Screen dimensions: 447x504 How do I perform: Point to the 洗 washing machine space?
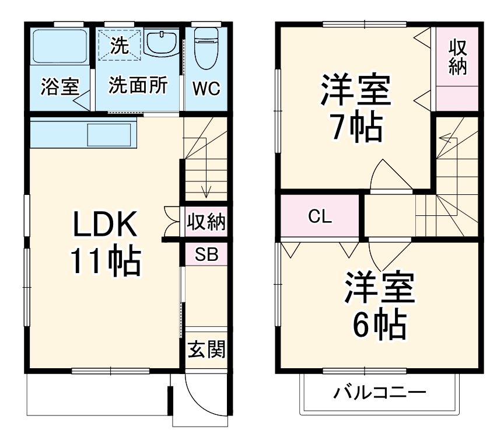coord(120,44)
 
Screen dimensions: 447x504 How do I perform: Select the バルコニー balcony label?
coord(380,392)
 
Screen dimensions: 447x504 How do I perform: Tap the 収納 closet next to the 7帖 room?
coord(458,58)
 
